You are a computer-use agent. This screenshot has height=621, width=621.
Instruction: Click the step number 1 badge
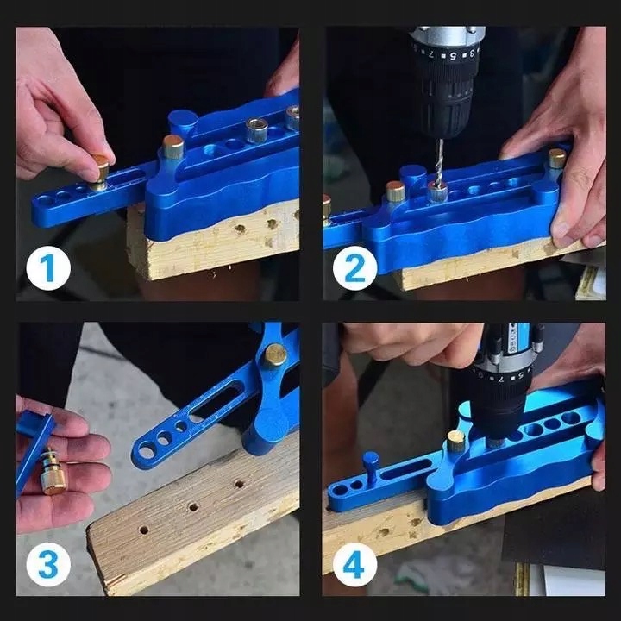point(48,268)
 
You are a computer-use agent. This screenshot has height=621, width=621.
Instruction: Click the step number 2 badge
point(354,268)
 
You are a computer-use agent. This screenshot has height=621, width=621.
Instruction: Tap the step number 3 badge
point(48,565)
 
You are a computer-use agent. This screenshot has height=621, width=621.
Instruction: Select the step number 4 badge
point(354,565)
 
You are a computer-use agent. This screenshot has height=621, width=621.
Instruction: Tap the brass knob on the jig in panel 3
point(275,354)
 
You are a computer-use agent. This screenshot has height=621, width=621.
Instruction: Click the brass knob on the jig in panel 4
point(456,441)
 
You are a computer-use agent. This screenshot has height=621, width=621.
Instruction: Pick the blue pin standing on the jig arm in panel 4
point(371,467)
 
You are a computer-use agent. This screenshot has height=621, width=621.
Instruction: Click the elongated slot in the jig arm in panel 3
point(216,404)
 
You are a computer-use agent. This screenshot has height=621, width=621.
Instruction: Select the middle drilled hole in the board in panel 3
point(193,506)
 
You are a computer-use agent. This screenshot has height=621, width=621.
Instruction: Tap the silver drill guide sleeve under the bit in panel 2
point(437,193)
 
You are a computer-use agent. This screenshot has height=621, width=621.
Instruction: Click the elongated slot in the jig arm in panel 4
point(406,469)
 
